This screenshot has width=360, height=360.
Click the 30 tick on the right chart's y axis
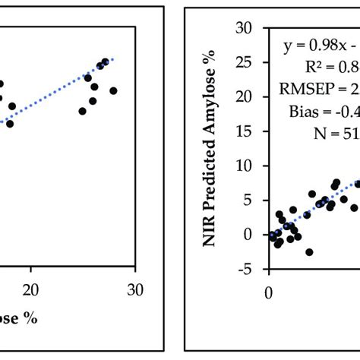[x=243, y=28]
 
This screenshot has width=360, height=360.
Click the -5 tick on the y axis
[x=245, y=269]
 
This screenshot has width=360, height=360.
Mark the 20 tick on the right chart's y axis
[x=243, y=96]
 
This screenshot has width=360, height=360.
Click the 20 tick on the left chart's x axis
[x=31, y=289]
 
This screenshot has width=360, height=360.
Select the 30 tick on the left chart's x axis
[x=134, y=289]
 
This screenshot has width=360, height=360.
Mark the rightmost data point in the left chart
[x=113, y=91]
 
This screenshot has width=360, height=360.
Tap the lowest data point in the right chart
[x=309, y=251]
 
